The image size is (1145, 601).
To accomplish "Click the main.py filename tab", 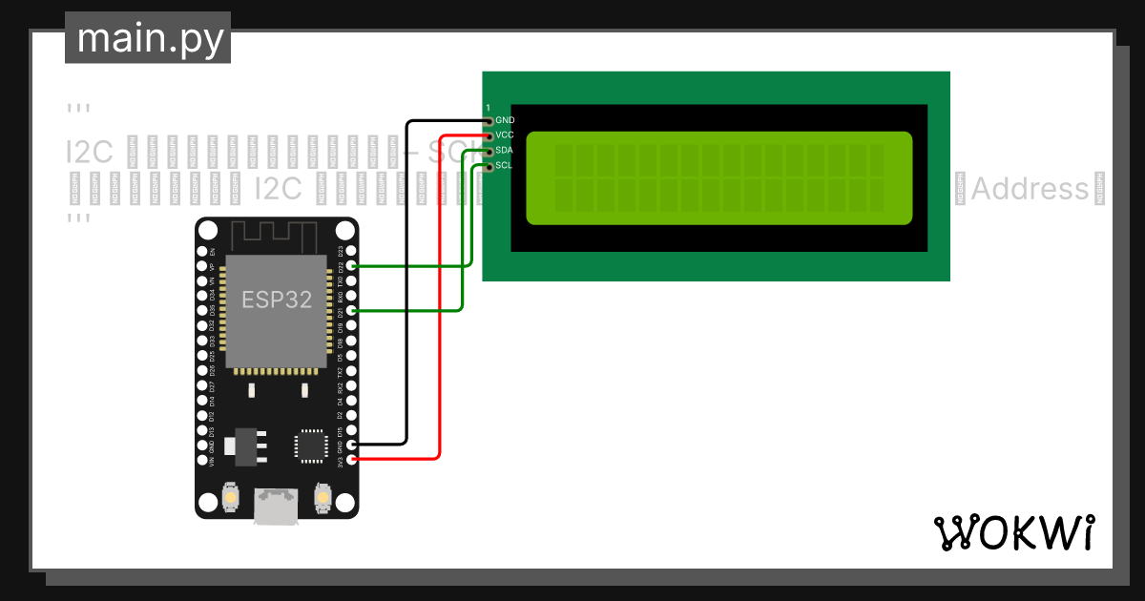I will coord(149,38).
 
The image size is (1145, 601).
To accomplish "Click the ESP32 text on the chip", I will coord(276,300).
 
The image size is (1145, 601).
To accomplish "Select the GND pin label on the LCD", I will coord(505,120).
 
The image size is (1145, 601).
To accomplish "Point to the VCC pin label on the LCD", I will coord(505,135).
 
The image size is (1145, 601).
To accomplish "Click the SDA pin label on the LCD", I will coord(505,151).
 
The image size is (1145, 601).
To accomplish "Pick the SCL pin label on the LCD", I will coord(505,166).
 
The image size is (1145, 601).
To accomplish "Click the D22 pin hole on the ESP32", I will coord(353,266).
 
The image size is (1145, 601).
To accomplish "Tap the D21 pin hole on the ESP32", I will coord(353,311).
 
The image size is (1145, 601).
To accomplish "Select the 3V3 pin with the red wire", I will coord(353,460).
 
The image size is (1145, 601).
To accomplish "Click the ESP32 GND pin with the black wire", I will coord(353,445).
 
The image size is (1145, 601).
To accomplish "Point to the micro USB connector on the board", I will coord(277,506).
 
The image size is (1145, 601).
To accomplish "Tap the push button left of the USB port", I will coord(230,497).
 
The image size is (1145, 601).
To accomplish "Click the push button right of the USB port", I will coord(323,497).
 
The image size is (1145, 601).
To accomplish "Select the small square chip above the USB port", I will coord(311,446).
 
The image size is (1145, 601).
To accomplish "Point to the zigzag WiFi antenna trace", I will coord(277,235).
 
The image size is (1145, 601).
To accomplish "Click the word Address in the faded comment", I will coord(1030,189).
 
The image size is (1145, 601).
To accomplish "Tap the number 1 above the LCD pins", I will coord(488,107).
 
